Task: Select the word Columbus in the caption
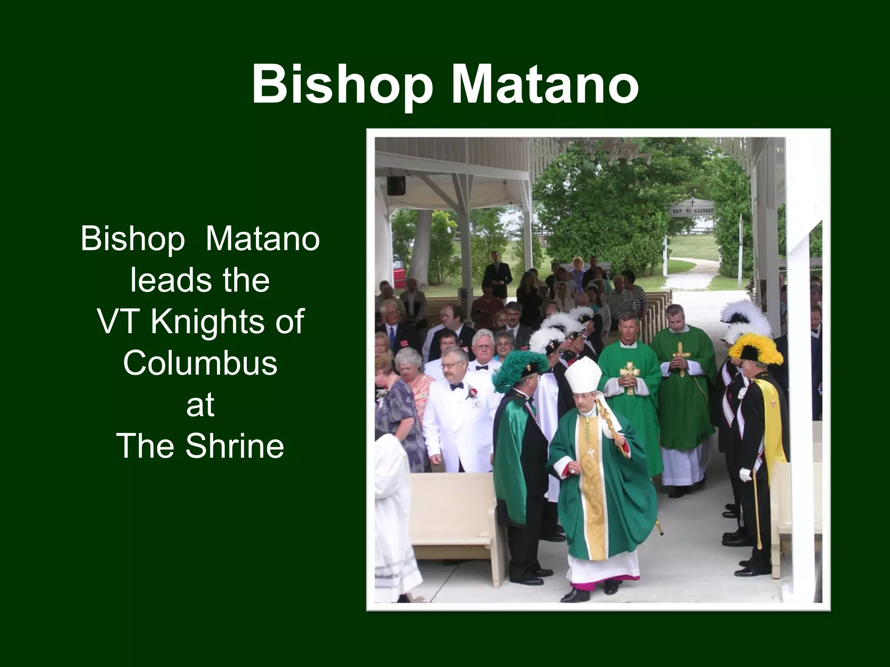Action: coord(200,363)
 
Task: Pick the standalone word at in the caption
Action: coord(200,404)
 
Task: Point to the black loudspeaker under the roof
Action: coord(396,185)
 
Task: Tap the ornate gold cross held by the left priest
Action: coord(629,376)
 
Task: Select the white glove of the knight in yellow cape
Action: coord(745,474)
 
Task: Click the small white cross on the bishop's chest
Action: coord(591,453)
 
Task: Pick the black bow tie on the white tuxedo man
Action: coord(455,386)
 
